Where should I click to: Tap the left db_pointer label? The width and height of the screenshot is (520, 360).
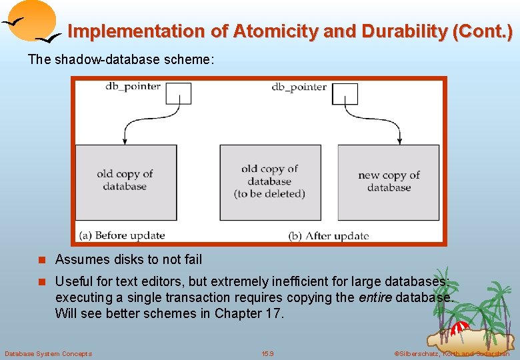point(133,86)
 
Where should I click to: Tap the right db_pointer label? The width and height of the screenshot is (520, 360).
point(299,87)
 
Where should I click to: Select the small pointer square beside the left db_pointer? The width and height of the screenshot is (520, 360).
point(178,93)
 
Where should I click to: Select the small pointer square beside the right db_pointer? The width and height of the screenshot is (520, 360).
point(345,93)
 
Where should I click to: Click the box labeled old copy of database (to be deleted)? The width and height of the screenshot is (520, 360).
point(269,182)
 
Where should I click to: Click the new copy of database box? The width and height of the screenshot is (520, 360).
point(389,182)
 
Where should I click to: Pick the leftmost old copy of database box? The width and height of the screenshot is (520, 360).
point(125,182)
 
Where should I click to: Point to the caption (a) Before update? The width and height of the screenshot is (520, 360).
point(121,235)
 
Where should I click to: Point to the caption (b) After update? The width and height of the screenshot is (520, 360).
point(328,235)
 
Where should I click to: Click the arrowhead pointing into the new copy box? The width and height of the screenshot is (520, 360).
point(399,141)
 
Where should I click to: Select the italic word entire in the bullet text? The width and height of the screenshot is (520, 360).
point(375,297)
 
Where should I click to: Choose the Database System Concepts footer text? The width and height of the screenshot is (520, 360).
point(48,353)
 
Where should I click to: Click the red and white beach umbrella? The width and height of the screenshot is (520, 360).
point(460,328)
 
